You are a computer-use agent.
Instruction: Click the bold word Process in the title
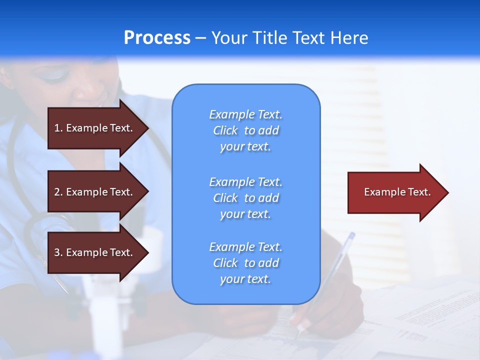[157, 38]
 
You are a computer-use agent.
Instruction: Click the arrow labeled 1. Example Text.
[95, 128]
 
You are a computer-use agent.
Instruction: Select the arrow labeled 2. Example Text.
[95, 192]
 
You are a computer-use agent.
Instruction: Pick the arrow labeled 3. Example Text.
[95, 252]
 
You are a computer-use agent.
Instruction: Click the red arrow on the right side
[395, 192]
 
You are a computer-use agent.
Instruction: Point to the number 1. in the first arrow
[58, 128]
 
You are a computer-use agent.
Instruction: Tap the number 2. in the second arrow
[58, 192]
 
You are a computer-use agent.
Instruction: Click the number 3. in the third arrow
[58, 252]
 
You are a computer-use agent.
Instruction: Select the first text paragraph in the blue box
[245, 130]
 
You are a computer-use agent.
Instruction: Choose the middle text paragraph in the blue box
[245, 198]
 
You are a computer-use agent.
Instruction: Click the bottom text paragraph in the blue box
[245, 263]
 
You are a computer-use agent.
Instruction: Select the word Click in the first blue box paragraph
[225, 130]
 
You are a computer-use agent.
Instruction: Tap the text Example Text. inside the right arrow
[397, 192]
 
